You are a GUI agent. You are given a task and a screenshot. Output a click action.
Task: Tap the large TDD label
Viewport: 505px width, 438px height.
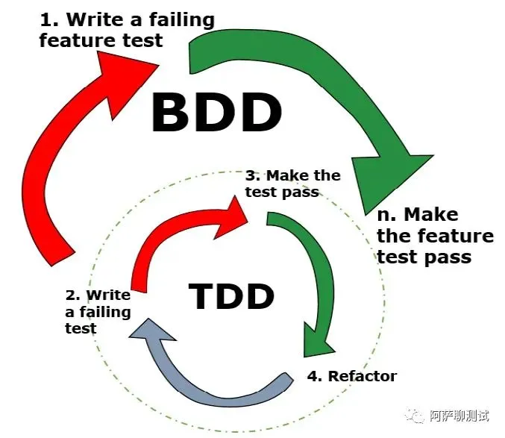(x=231, y=296)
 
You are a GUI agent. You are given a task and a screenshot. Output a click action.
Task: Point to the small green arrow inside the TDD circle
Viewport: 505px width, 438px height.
(x=313, y=276)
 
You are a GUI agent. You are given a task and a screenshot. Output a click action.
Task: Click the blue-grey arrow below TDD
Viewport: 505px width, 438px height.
(x=216, y=381)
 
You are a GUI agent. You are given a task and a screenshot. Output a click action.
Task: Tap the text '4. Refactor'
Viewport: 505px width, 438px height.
(x=352, y=375)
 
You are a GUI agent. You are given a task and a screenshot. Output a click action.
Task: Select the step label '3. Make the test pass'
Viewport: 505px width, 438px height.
(x=292, y=184)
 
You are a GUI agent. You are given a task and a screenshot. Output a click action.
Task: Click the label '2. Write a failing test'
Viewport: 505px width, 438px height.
(x=97, y=311)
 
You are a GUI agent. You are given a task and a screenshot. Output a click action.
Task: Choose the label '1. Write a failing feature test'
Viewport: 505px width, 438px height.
(x=126, y=30)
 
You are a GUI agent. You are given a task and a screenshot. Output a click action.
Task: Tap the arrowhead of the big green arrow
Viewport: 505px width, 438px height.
(x=392, y=179)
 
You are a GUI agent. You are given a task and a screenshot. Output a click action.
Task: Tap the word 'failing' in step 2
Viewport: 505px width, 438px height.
(x=104, y=311)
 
